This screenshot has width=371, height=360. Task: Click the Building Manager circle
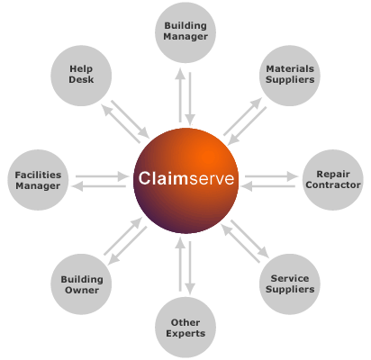point(185,32)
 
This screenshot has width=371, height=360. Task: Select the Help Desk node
point(81,76)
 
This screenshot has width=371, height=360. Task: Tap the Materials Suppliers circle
point(290,76)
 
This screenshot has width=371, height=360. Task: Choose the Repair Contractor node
point(333,180)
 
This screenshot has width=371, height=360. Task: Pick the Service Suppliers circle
point(290,284)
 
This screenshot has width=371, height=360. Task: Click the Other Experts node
point(185,328)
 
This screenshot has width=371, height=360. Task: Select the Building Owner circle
point(81,284)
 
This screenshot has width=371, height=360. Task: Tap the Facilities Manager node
point(38,180)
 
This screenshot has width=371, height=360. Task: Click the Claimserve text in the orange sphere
point(186,178)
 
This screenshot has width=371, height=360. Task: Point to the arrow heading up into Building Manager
point(180,95)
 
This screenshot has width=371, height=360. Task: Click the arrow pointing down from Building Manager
point(190,98)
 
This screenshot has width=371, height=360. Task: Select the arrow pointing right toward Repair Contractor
point(271,176)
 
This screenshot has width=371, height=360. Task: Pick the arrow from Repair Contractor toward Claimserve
point(267,186)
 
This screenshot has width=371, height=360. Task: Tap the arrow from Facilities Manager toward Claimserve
point(102,176)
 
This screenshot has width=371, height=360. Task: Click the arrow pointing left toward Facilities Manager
point(99,186)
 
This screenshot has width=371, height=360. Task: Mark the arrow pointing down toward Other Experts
point(190,268)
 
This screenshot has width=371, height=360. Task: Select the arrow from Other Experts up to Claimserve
point(180,264)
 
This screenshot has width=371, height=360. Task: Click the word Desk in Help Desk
point(81,79)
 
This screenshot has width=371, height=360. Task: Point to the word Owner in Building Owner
point(82,290)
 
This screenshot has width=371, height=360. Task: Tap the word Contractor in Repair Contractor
point(333,184)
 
